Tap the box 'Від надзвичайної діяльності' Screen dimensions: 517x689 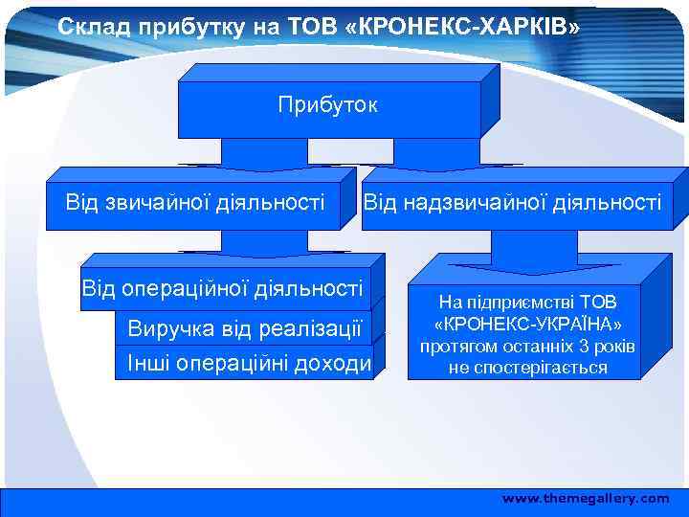(511, 202)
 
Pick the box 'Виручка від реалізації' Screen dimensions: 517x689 (244, 330)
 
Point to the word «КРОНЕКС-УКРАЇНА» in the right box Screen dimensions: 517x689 (527, 324)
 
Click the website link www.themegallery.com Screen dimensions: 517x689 (586, 499)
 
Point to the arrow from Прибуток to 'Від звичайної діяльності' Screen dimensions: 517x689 (263, 155)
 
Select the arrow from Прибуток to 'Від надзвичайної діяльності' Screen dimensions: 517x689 (435, 155)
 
